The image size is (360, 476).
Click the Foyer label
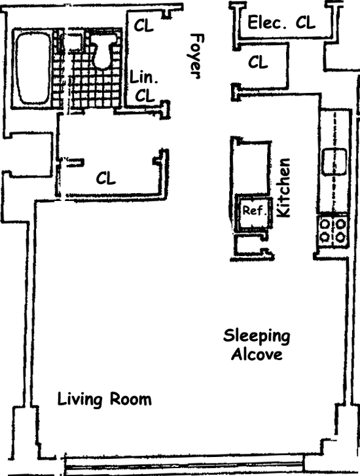[x=194, y=56]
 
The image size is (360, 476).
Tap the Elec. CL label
[x=281, y=22]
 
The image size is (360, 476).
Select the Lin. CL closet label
[x=144, y=86]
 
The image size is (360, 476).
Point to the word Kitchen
[x=284, y=188]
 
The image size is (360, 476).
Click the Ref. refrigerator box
[x=253, y=213]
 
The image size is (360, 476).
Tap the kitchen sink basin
[x=334, y=162]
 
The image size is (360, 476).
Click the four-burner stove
[x=333, y=230]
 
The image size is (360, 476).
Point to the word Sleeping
[x=257, y=337]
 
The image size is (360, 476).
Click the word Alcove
[x=257, y=354]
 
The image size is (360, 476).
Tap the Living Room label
[x=105, y=399]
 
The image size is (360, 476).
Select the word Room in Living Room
[x=130, y=399]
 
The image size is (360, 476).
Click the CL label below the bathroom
[x=106, y=178]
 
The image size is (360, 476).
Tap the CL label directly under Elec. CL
[x=258, y=62]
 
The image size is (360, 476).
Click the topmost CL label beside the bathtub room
[x=143, y=25]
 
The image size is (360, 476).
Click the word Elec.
[x=267, y=22]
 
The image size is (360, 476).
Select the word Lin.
[x=144, y=77]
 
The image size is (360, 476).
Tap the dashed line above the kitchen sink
[x=335, y=130]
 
